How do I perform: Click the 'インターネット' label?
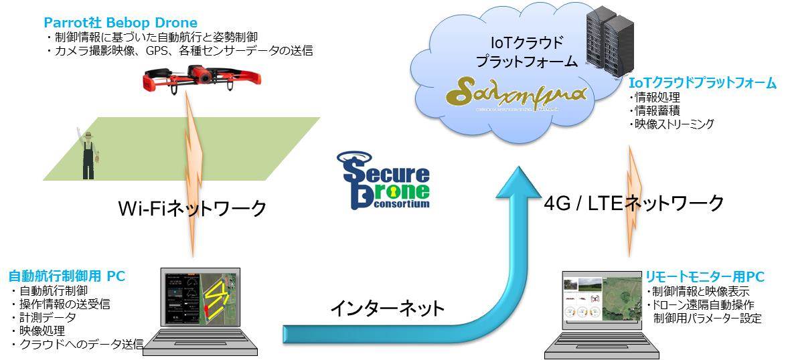[387, 308]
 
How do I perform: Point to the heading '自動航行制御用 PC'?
[66, 276]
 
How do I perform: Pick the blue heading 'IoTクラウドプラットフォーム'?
[702, 84]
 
